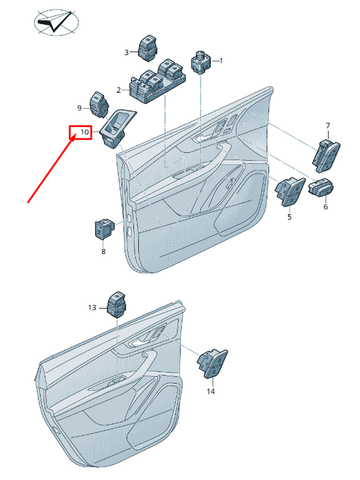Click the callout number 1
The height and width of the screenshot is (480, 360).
point(220,61)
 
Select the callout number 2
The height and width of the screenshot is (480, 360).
point(119,90)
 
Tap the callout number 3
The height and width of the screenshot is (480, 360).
point(126,52)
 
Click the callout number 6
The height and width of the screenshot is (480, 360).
point(325,207)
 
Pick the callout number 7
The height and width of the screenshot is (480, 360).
point(328,126)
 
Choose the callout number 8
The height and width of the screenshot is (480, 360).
point(103,252)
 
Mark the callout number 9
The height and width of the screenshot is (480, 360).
point(79,108)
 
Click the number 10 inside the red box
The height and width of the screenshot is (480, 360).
point(84,132)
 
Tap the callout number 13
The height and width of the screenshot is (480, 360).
point(93,307)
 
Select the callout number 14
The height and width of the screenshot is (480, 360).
point(210,391)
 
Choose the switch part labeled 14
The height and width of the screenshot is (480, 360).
point(211,364)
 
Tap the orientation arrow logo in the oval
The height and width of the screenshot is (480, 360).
point(56,22)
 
